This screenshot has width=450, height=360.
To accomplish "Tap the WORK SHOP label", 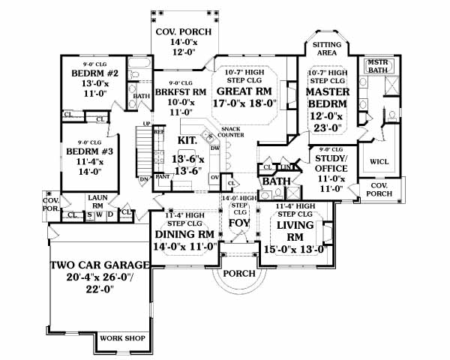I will point(122,338).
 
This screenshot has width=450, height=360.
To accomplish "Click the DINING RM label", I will point(184,235).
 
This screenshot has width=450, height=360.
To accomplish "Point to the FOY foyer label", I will point(238,223).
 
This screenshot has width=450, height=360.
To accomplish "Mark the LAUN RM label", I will point(97,201).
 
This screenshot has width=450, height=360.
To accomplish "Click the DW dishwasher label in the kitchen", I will point(214,148).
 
